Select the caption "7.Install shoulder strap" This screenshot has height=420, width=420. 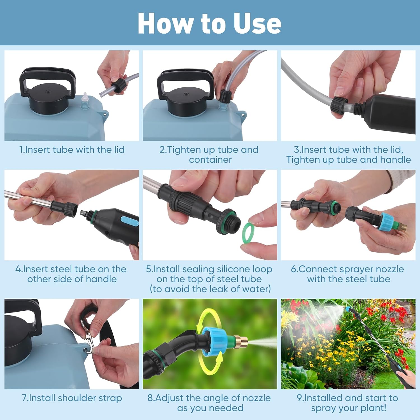coord(72,398)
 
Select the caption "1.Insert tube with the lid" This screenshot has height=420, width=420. coord(72,150)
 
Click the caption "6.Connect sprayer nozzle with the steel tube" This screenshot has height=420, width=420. coord(347,274)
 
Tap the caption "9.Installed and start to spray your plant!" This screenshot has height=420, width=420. coord(347,403)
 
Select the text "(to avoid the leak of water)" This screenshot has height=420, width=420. coord(210,289)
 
